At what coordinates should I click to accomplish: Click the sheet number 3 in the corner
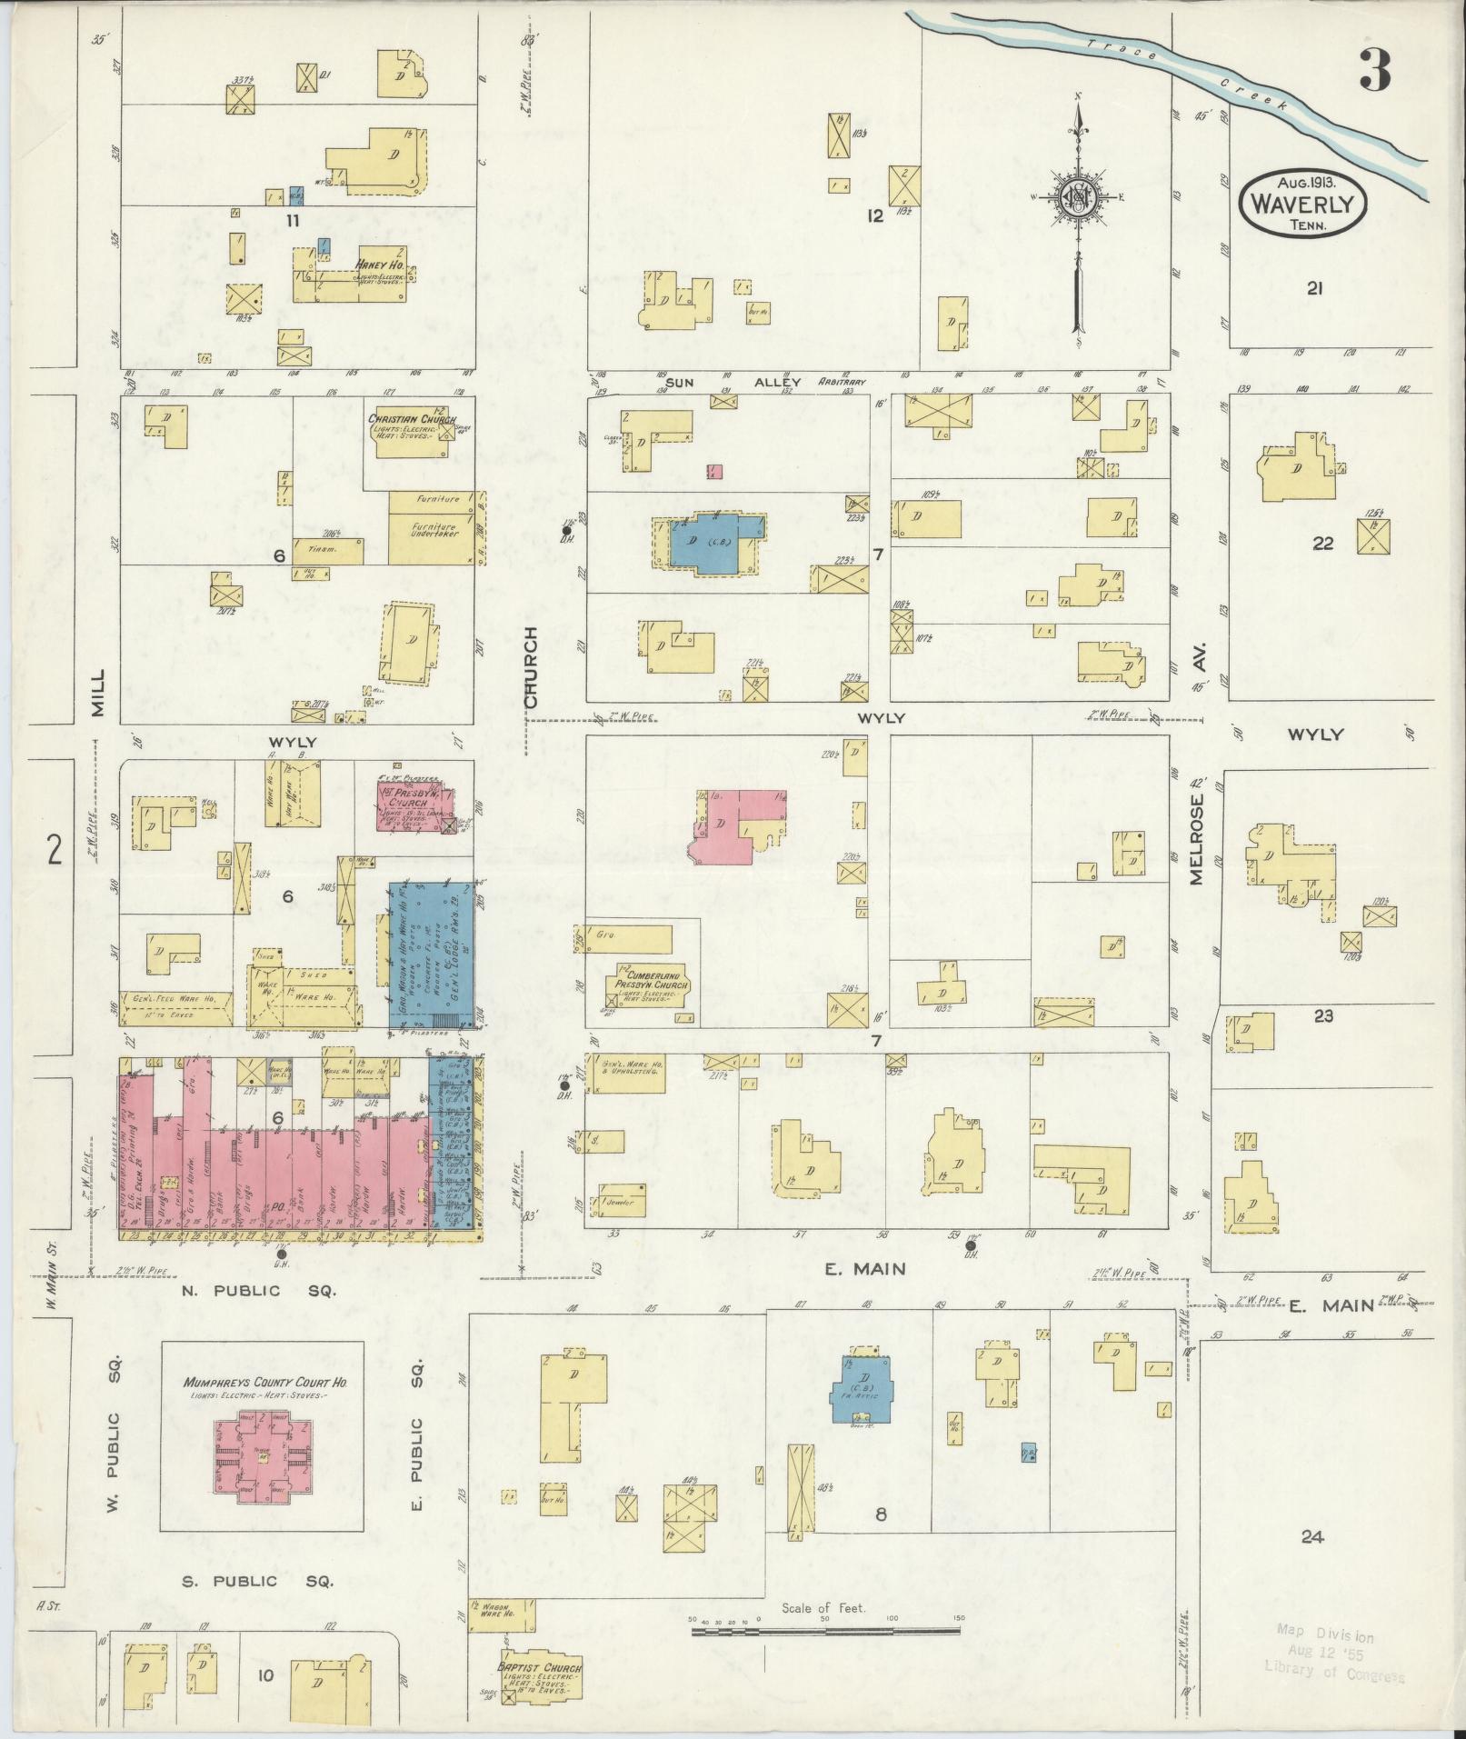[x=1375, y=70]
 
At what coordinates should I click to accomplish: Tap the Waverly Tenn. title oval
[x=1301, y=205]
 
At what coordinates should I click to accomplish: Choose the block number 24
[x=1311, y=1537]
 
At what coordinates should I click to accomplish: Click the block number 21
[x=1313, y=289]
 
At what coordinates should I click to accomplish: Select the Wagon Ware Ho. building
[x=501, y=1615]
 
